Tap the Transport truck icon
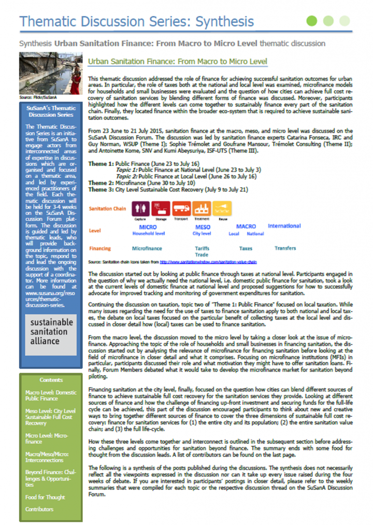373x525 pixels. [x=180, y=208]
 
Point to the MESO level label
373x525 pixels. [x=203, y=227]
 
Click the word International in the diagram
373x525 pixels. [x=284, y=226]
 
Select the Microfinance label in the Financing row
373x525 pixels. [x=147, y=248]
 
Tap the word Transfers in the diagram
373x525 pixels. [x=285, y=248]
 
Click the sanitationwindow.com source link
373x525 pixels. [x=208, y=262]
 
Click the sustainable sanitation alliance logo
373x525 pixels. [x=50, y=332]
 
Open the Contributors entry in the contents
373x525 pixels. [x=39, y=509]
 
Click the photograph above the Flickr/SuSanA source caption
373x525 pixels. [x=50, y=73]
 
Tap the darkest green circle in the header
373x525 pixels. [x=311, y=21]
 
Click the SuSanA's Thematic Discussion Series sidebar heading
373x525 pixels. [x=50, y=111]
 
